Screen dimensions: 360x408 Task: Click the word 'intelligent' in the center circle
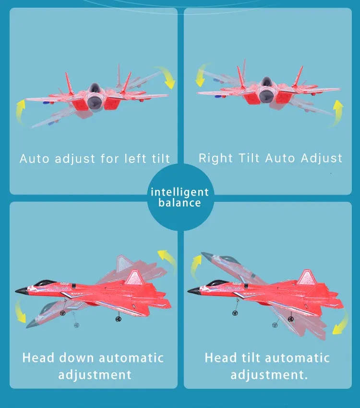click(x=180, y=192)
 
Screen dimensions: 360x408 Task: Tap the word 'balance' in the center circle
click(x=180, y=203)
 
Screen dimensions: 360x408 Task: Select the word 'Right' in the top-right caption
click(x=216, y=158)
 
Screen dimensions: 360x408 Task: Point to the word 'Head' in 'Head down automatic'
click(x=38, y=358)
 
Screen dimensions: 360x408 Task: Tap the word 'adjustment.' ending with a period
click(x=269, y=375)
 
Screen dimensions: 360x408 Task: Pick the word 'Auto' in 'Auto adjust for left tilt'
click(x=34, y=159)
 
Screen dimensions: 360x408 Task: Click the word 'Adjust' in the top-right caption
click(x=322, y=158)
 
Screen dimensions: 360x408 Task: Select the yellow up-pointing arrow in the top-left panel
click(x=20, y=112)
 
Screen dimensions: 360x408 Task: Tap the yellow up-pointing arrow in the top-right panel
click(x=337, y=113)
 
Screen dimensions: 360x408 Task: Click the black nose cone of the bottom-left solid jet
click(x=22, y=290)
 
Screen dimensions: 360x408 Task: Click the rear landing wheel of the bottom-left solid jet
click(x=119, y=319)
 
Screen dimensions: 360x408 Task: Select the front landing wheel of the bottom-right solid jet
click(x=235, y=313)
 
